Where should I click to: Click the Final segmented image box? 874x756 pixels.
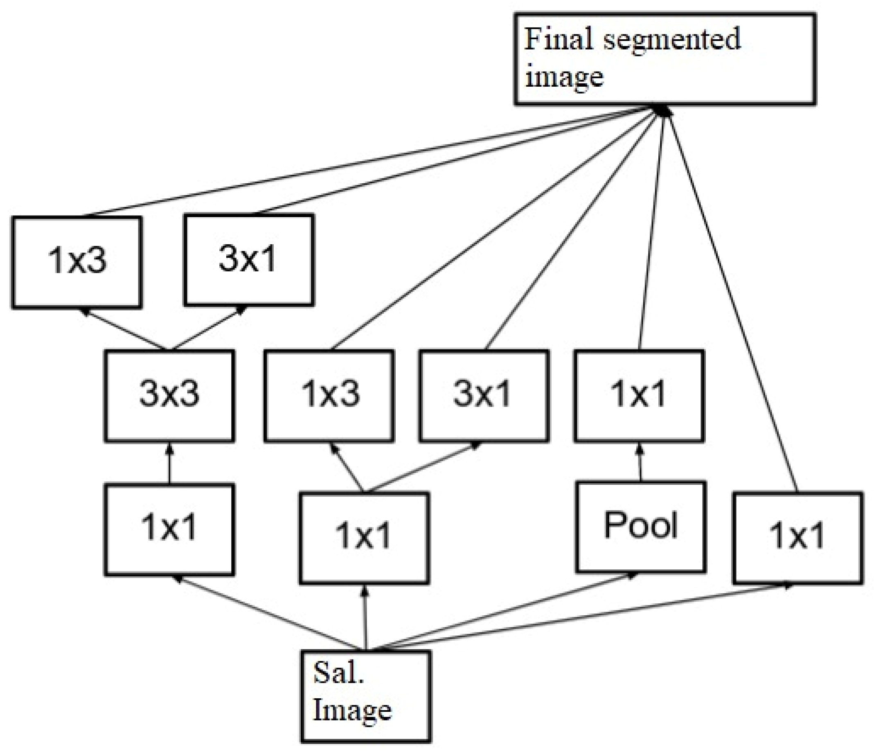pyautogui.click(x=664, y=59)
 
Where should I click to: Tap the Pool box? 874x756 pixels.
pyautogui.click(x=640, y=527)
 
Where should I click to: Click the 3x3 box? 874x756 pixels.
pyautogui.click(x=169, y=395)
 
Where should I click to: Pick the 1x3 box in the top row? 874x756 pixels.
pyautogui.click(x=77, y=262)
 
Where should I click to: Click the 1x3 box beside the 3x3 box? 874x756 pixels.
pyautogui.click(x=329, y=395)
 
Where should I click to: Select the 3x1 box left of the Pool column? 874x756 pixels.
pyautogui.click(x=484, y=395)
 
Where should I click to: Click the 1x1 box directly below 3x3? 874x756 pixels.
pyautogui.click(x=169, y=529)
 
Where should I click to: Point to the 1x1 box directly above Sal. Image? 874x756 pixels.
pyautogui.click(x=364, y=538)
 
